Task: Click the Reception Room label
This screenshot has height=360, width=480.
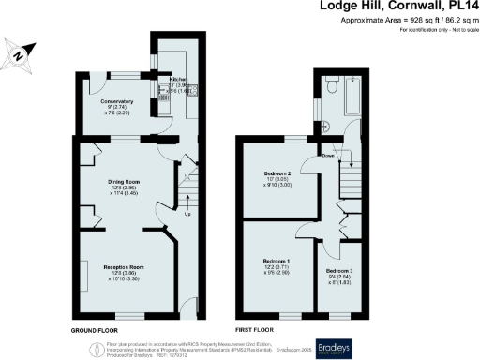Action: (122, 267)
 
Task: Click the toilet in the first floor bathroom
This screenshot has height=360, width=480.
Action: (334, 86)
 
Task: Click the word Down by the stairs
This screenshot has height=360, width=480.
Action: (329, 156)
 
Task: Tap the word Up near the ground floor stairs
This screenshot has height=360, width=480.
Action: (187, 214)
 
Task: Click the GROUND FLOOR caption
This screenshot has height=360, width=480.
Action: (96, 332)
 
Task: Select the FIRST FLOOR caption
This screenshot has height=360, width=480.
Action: (255, 332)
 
